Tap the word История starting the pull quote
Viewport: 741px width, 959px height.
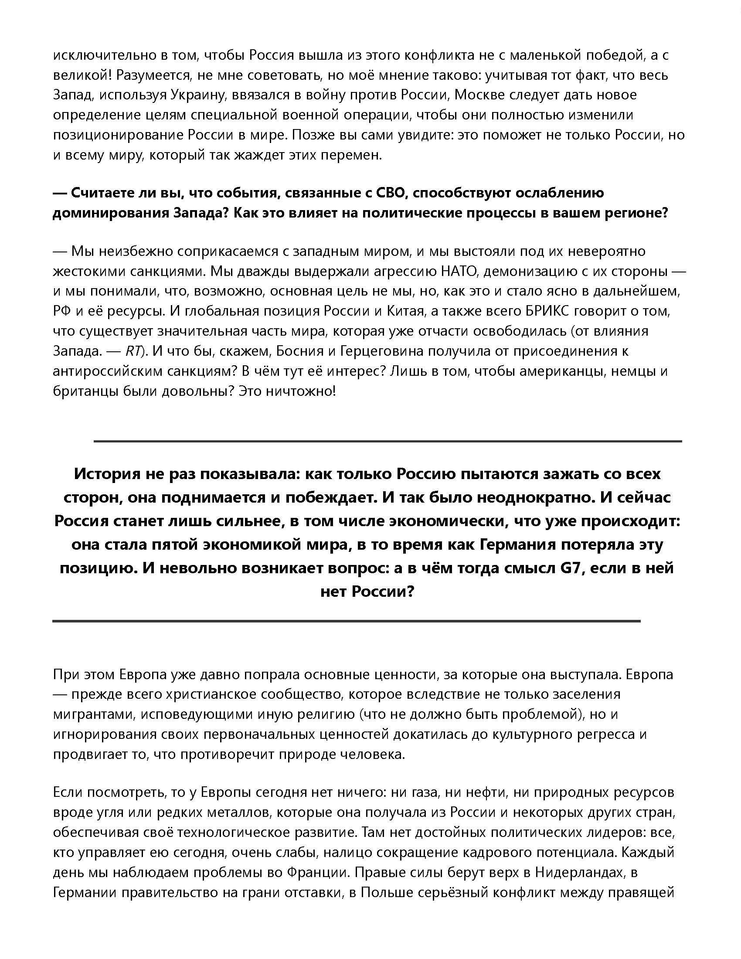click(x=104, y=474)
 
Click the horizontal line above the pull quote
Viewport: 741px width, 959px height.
click(x=387, y=441)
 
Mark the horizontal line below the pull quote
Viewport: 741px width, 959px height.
click(x=347, y=621)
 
